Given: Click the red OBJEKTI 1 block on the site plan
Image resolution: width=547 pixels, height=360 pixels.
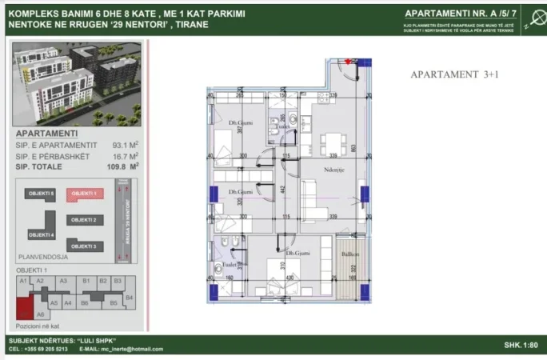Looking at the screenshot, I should click(82, 194).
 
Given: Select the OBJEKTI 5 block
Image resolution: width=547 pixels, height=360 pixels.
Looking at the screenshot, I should click(41, 194).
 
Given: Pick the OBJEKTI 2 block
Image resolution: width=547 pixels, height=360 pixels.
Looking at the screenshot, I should click(83, 219).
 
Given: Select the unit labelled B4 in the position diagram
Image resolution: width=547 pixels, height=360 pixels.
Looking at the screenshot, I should click(130, 297).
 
